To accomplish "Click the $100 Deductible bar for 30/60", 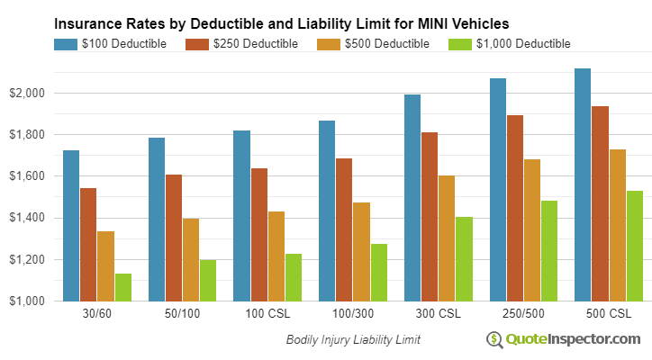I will point(71,225).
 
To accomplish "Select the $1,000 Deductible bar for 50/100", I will point(208,280).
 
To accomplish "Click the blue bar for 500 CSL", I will point(583,184).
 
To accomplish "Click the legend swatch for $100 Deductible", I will point(66,43).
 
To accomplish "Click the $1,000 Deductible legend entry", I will point(513,43).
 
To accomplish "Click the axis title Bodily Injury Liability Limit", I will point(353,340).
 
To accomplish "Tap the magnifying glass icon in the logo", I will point(494,339).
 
